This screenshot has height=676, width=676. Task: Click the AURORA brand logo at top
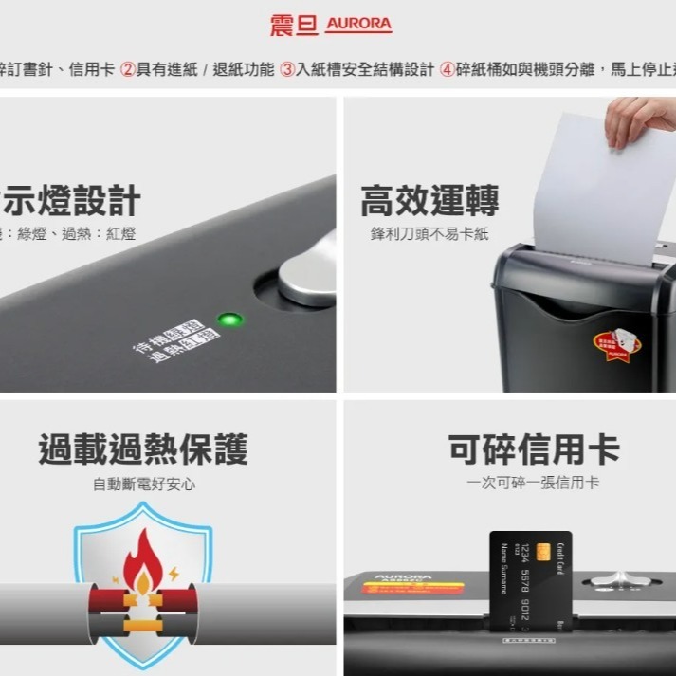click(x=357, y=25)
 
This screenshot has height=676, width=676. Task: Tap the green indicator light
click(x=228, y=320)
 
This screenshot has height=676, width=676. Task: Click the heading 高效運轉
click(x=429, y=201)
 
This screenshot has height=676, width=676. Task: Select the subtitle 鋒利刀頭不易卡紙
click(x=429, y=234)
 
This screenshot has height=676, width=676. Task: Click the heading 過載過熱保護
click(x=143, y=448)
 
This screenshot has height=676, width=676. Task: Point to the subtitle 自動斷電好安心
click(x=143, y=484)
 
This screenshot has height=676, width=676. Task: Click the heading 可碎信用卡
click(x=534, y=448)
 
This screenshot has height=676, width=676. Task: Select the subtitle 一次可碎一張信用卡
click(x=533, y=483)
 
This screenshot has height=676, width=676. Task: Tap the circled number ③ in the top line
click(x=287, y=69)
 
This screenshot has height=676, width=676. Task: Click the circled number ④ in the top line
click(x=448, y=69)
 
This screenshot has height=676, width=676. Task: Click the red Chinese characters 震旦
click(x=294, y=25)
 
